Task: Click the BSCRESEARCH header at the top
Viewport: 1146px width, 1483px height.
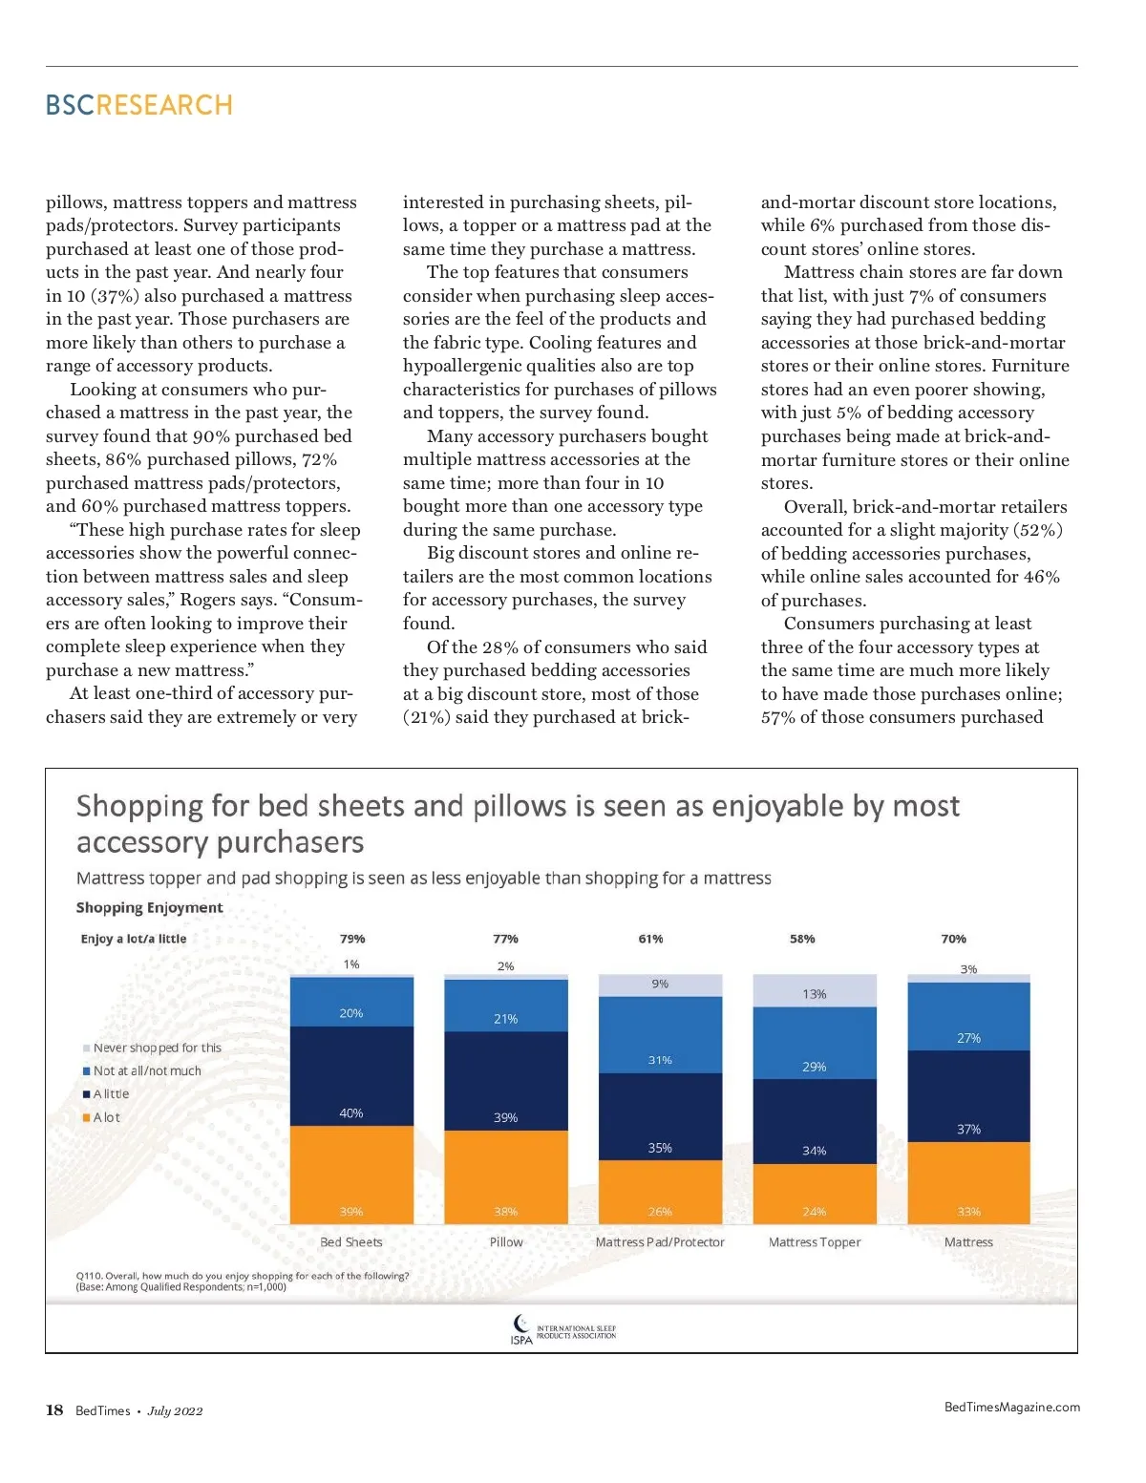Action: pyautogui.click(x=139, y=105)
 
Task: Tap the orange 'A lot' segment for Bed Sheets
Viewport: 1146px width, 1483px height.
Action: pyautogui.click(x=351, y=1175)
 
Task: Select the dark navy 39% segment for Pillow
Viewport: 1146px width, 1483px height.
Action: pyautogui.click(x=506, y=1081)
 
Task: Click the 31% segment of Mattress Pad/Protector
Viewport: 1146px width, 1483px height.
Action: pyautogui.click(x=660, y=1035)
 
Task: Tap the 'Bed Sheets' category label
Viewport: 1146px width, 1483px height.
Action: pyautogui.click(x=351, y=1242)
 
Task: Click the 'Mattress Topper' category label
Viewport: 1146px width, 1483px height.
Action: pyautogui.click(x=815, y=1242)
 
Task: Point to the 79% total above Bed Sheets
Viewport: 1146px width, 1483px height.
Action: pyautogui.click(x=352, y=939)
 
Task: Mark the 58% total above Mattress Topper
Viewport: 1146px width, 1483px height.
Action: pyautogui.click(x=802, y=939)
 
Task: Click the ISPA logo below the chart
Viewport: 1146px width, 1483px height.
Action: pyautogui.click(x=563, y=1329)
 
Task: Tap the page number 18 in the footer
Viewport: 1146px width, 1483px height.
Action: pyautogui.click(x=54, y=1410)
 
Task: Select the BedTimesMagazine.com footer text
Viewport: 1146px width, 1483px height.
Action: pyautogui.click(x=1012, y=1407)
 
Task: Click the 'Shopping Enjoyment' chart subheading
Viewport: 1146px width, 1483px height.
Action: pyautogui.click(x=149, y=907)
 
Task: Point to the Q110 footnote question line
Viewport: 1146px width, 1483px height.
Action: pyautogui.click(x=243, y=1276)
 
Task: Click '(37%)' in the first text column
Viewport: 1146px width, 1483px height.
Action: pyautogui.click(x=115, y=296)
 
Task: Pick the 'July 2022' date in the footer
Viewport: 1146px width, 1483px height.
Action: pyautogui.click(x=175, y=1411)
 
